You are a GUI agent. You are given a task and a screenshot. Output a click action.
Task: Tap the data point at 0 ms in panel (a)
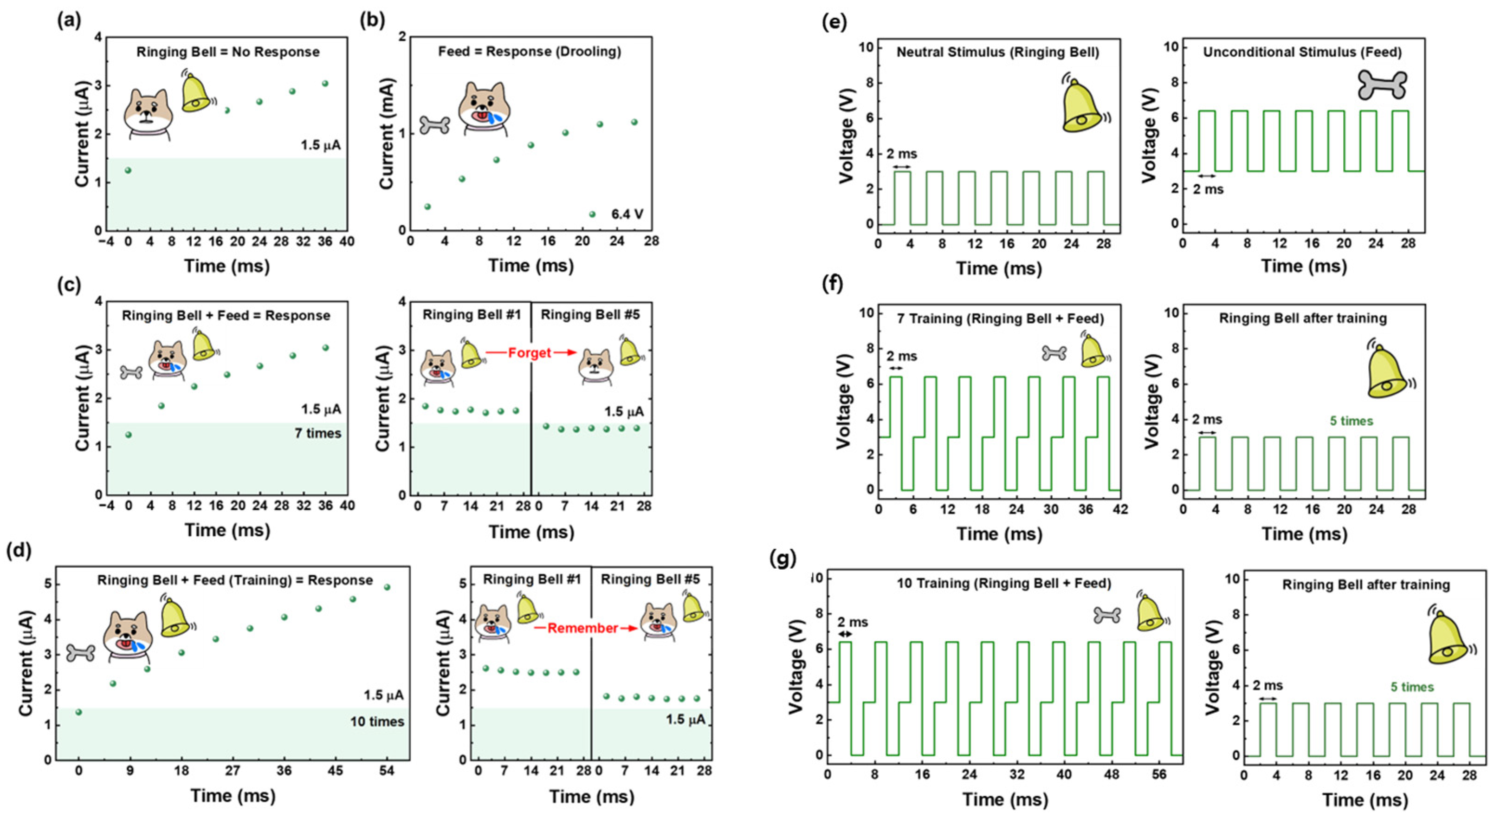pos(128,170)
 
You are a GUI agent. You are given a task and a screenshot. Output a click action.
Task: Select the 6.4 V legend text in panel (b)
pos(627,214)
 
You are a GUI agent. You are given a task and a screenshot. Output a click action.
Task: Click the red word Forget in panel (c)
pos(529,353)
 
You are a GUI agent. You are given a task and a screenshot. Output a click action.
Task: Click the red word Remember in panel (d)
pos(582,628)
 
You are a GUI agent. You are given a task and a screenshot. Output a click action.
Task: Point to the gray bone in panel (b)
pos(434,125)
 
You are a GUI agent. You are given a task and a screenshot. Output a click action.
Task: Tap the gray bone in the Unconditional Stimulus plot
pos(1382,86)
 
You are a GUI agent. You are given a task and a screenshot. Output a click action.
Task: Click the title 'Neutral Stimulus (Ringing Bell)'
pos(997,52)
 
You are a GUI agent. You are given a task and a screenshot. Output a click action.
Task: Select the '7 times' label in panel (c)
pos(317,433)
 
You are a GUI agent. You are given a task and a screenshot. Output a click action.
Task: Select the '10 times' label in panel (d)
pos(376,721)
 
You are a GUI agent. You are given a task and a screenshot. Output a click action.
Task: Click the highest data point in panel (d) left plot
pos(387,587)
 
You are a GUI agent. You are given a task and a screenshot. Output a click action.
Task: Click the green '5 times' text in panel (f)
pos(1352,421)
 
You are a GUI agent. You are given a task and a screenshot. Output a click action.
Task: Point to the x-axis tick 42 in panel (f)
pos(1120,509)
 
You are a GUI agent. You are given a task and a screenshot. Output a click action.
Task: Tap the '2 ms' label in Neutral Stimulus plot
pos(901,154)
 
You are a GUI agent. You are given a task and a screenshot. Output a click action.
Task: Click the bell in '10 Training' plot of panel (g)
pos(1150,614)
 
